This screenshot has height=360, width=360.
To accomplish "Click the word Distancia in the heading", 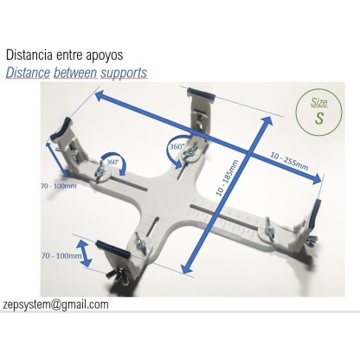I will coord(34,53).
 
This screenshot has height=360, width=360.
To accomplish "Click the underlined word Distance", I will coord(28,73).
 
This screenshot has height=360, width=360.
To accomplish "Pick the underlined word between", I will coord(74,73).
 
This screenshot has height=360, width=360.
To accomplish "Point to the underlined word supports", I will coord(123,73).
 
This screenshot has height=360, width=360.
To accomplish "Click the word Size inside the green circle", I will coord(308,102).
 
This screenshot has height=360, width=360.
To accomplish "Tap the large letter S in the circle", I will coord(307,119).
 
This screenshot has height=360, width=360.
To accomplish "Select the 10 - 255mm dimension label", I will coord(290,156).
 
